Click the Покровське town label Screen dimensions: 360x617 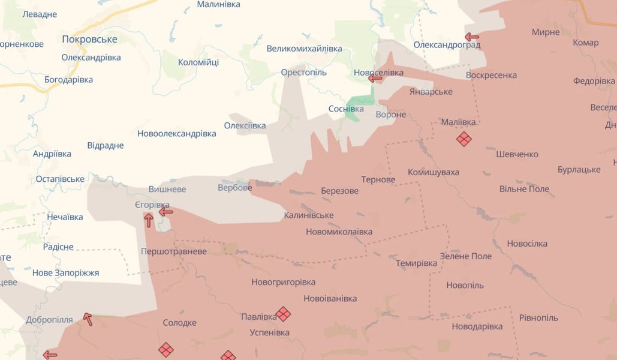89,40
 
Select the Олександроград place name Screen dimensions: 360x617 447,45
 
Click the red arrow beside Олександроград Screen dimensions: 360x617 472,37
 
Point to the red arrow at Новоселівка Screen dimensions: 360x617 375,78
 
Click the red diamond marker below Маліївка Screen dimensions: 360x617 463,139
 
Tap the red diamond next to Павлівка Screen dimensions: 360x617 283,314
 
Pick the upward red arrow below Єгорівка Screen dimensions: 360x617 149,220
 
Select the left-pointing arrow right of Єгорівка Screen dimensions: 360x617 165,211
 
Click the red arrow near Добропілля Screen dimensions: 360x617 88,319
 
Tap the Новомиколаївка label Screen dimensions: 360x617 339,232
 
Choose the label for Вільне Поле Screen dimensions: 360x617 524,189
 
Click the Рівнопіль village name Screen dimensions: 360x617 538,317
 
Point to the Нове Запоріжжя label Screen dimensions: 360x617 65,273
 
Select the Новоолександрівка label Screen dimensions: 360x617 176,133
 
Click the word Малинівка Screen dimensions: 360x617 218,5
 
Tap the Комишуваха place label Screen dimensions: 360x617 434,172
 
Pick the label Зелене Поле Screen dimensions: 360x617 465,256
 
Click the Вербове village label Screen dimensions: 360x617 234,188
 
